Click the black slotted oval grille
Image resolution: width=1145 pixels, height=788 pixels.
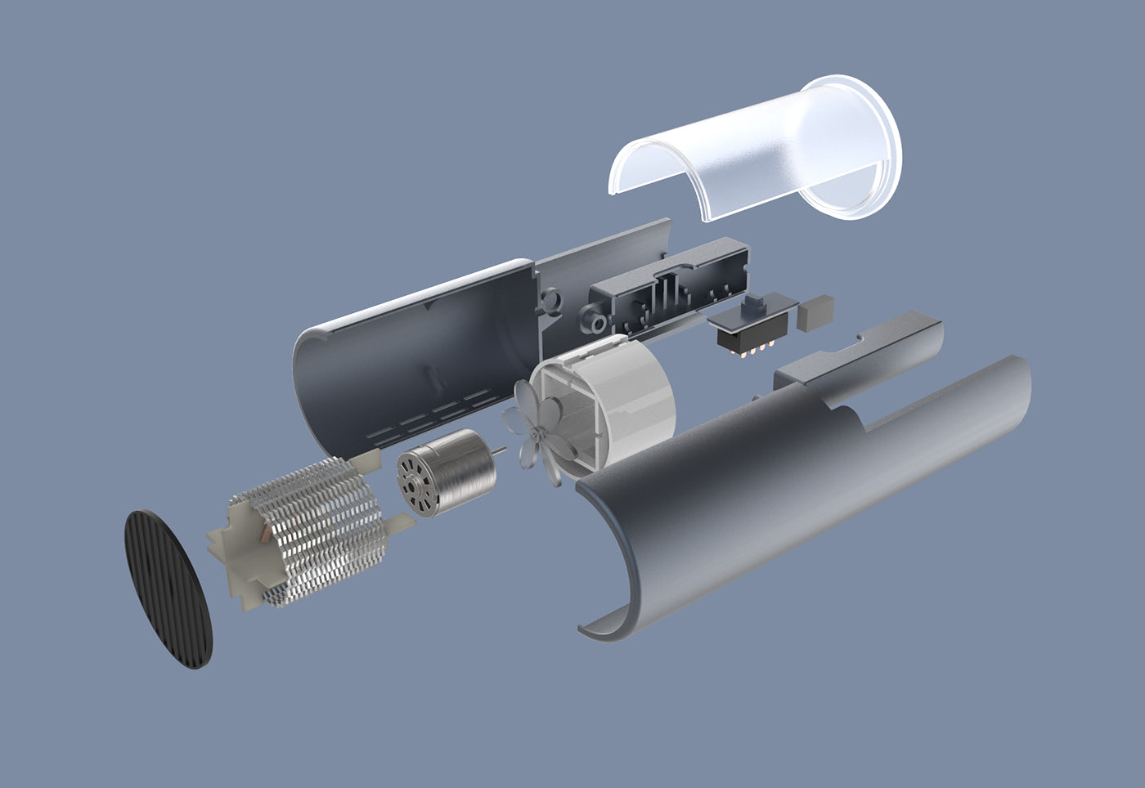coord(168,589)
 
